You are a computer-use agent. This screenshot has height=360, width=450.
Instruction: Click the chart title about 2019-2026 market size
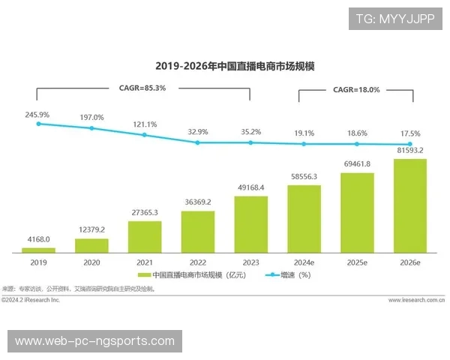[x=234, y=66]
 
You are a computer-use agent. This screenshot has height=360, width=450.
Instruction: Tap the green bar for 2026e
[x=409, y=205]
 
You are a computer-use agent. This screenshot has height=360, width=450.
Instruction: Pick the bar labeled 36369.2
[x=198, y=231]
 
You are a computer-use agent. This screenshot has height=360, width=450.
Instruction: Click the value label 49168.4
[x=251, y=187]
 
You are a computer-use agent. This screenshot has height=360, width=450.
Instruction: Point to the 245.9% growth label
[x=37, y=115]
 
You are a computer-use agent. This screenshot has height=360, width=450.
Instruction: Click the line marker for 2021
[x=145, y=135]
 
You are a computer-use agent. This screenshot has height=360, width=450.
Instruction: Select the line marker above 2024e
[x=304, y=143]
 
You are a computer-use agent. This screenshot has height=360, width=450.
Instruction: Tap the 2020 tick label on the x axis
[x=91, y=262]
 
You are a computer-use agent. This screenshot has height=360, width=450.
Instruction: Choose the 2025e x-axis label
[x=357, y=262]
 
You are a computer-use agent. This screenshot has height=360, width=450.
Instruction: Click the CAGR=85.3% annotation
[x=142, y=88]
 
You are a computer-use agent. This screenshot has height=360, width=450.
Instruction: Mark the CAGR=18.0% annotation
[x=356, y=89]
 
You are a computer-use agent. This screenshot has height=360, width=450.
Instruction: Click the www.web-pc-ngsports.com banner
[x=94, y=341]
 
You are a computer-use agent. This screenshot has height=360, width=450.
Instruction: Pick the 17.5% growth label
[x=409, y=133]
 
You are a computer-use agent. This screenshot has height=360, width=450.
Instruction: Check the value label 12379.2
[x=91, y=229]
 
